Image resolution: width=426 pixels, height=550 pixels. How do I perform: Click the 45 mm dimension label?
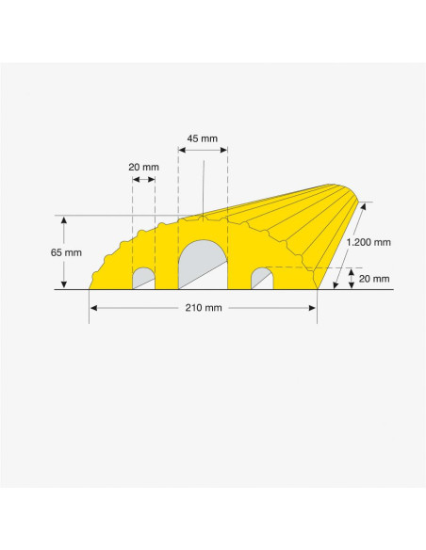(x=203, y=138)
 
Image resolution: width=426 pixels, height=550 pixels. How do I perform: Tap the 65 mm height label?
(x=41, y=252)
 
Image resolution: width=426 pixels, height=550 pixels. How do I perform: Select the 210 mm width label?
(x=203, y=308)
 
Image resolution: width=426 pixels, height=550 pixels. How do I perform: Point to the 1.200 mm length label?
(x=369, y=242)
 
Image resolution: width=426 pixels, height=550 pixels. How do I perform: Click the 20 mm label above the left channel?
(x=143, y=168)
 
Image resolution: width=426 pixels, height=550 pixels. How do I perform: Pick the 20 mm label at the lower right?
(x=374, y=279)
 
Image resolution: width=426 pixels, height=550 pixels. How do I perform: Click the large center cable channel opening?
(x=202, y=266)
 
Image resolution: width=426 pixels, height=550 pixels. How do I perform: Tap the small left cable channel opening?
(x=143, y=279)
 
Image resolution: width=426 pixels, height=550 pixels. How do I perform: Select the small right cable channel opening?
(x=261, y=279)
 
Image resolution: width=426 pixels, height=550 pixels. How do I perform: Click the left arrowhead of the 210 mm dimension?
(x=93, y=308)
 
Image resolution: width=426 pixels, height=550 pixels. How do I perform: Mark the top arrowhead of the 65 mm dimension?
(x=64, y=219)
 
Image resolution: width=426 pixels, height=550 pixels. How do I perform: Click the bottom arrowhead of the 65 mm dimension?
(x=64, y=284)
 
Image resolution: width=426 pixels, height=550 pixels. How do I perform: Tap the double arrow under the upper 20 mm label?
(x=143, y=180)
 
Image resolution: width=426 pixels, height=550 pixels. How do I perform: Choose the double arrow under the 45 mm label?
(x=203, y=149)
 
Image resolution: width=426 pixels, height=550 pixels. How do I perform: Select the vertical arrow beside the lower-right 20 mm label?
(x=350, y=279)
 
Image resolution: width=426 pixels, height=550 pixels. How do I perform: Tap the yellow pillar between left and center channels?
(x=166, y=268)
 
